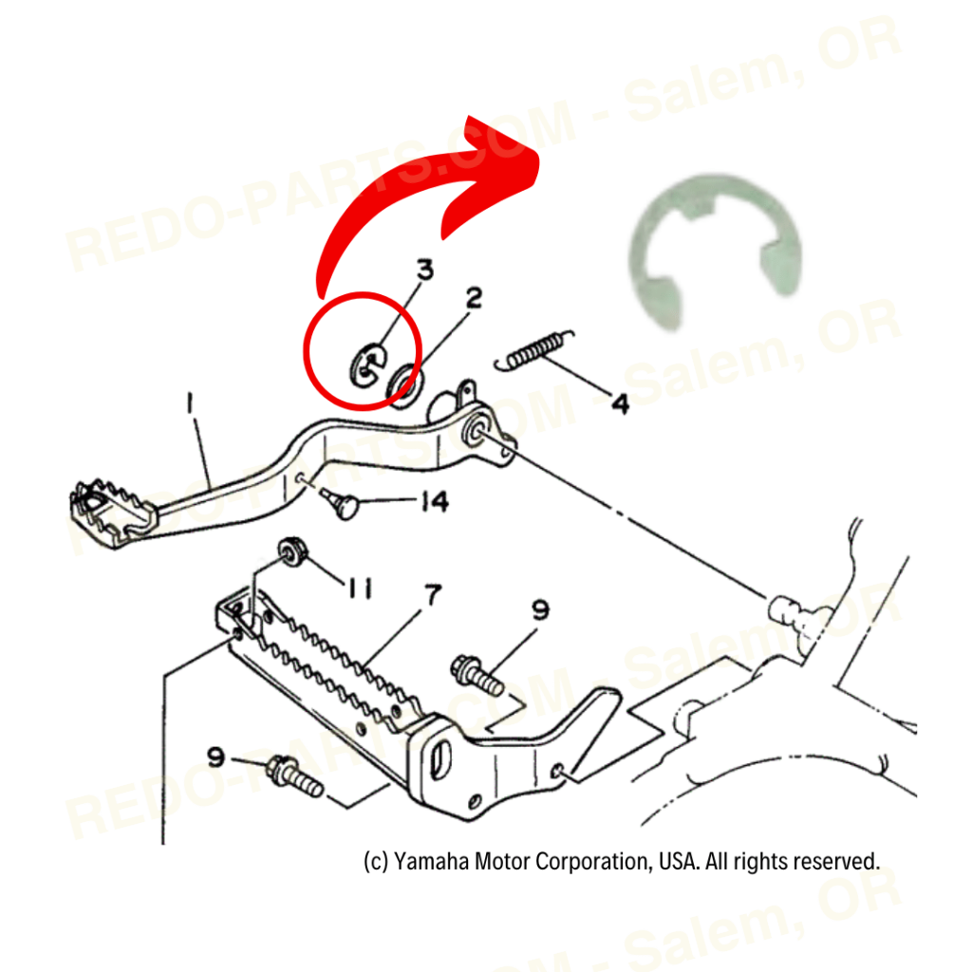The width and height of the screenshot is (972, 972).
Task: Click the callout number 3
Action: point(424,270)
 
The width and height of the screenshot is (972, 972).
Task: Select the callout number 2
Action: point(472,299)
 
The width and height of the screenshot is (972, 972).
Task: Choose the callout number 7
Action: point(432,596)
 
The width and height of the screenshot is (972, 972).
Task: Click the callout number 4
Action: point(619,404)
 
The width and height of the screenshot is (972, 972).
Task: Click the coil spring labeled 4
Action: point(536,348)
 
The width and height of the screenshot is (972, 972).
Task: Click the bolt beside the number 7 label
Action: point(477,673)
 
